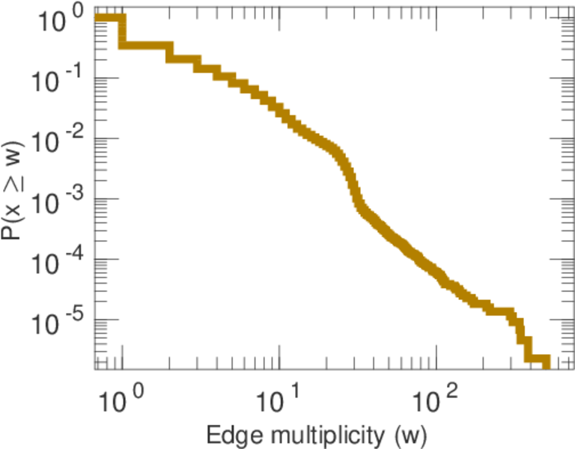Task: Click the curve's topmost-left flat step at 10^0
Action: pyautogui.click(x=109, y=18)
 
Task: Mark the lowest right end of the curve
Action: pyautogui.click(x=545, y=361)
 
